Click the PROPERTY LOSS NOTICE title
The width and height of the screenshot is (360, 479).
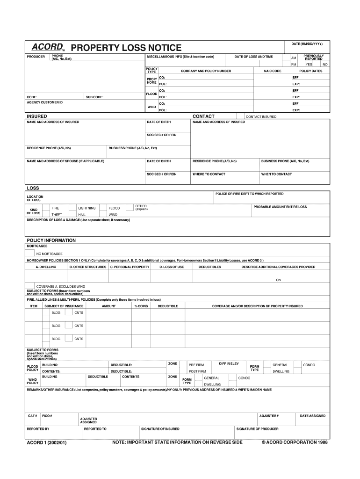click(x=126, y=48)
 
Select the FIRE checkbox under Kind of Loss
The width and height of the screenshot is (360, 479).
click(x=46, y=208)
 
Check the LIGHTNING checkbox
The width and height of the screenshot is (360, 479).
click(x=72, y=208)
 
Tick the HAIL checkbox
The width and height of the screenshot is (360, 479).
click(x=72, y=214)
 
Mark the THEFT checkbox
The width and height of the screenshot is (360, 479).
click(x=46, y=214)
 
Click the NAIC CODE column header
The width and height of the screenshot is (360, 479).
click(x=273, y=71)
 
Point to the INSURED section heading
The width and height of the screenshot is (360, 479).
click(x=36, y=116)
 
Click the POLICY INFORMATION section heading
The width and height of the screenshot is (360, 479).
click(x=51, y=240)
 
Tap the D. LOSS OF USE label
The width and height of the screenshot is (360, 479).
click(x=172, y=267)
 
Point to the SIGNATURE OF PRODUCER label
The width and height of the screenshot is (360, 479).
click(x=258, y=428)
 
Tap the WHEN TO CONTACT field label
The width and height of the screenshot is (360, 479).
click(x=276, y=174)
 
